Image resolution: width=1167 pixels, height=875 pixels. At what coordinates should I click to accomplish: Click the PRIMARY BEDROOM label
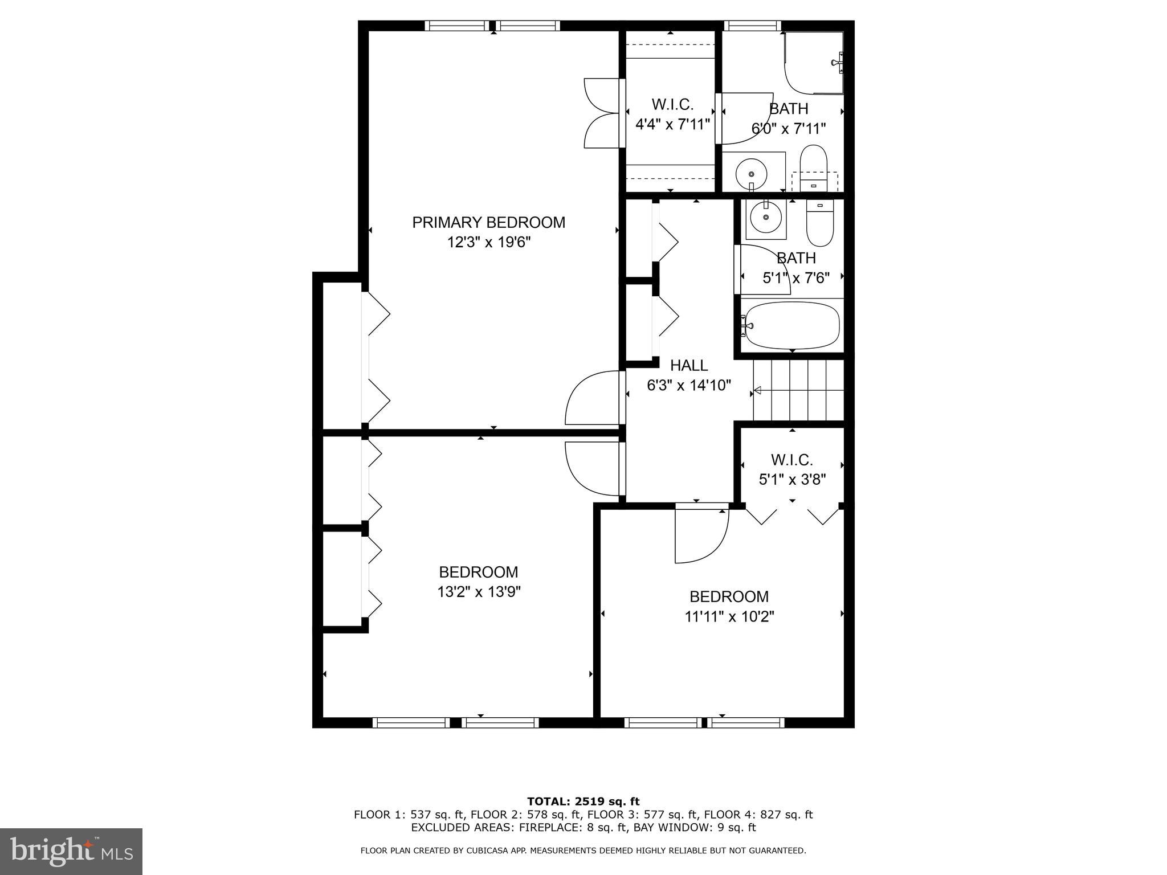click(x=488, y=222)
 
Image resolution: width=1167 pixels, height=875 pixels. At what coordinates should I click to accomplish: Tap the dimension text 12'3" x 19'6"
click(x=488, y=243)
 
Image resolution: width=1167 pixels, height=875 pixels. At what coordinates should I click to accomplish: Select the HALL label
click(x=688, y=365)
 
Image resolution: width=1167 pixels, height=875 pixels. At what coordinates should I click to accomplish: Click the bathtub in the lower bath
click(x=792, y=325)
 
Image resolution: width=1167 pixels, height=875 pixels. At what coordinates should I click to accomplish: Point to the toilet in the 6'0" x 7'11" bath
click(x=813, y=162)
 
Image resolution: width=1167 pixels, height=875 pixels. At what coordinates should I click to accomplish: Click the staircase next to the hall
click(x=798, y=391)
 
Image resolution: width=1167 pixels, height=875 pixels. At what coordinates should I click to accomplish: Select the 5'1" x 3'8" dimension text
click(x=792, y=479)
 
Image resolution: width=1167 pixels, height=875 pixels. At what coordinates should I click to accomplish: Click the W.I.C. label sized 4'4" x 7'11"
click(x=672, y=104)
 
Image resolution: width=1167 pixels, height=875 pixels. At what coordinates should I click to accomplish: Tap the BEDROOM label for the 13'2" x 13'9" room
click(x=478, y=572)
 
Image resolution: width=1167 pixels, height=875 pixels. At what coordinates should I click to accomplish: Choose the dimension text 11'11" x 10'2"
click(x=729, y=616)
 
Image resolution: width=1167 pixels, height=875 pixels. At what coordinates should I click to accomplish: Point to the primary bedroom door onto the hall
click(x=593, y=399)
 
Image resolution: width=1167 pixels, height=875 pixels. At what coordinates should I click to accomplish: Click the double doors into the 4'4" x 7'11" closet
click(x=602, y=113)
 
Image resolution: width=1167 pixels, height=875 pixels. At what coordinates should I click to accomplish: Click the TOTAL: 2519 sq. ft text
click(x=583, y=802)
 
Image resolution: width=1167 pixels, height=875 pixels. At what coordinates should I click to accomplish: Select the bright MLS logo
click(x=71, y=851)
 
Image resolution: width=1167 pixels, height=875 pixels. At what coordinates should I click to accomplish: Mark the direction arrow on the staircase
click(x=758, y=391)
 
